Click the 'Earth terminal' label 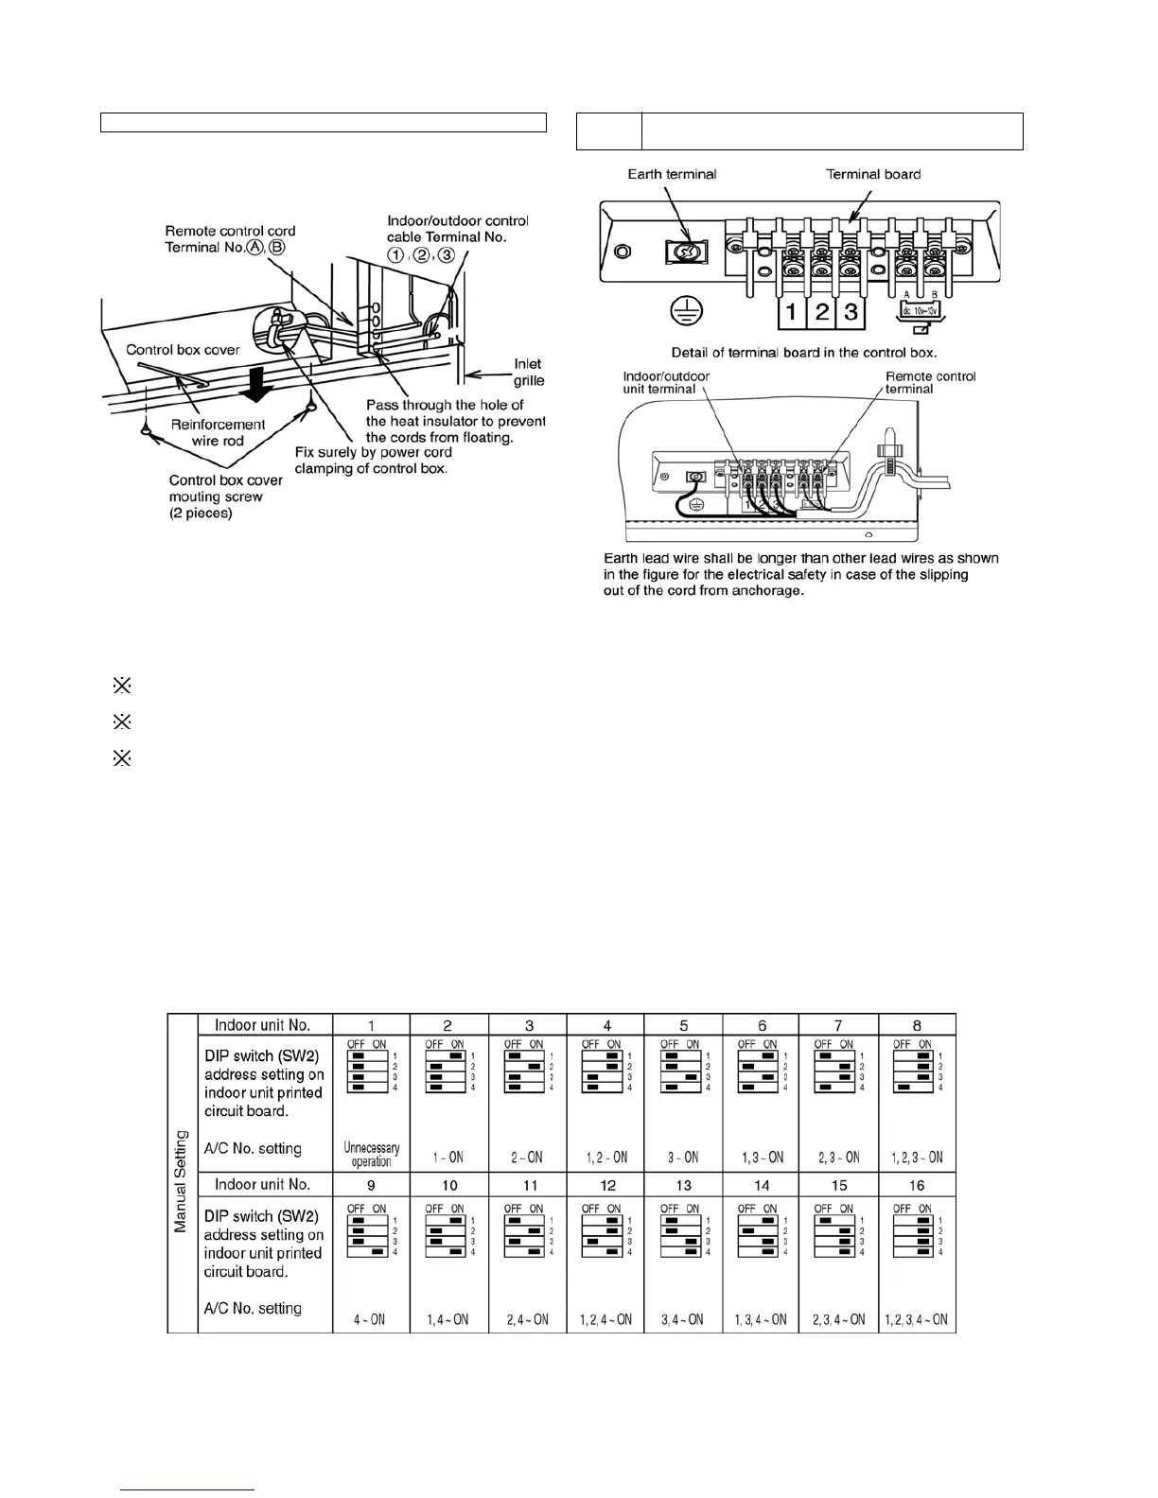(x=672, y=174)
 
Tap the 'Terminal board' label (x=872, y=174)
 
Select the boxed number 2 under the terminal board (x=822, y=312)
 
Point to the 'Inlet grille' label (x=528, y=372)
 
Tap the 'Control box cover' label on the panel (x=183, y=350)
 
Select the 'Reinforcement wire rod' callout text (x=218, y=432)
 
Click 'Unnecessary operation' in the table (x=372, y=1155)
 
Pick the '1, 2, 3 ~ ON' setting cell (x=917, y=1158)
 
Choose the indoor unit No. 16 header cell (x=917, y=1185)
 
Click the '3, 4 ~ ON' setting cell (x=683, y=1319)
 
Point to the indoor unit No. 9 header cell (x=371, y=1185)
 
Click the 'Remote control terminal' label (x=929, y=383)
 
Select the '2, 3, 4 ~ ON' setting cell (x=838, y=1319)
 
